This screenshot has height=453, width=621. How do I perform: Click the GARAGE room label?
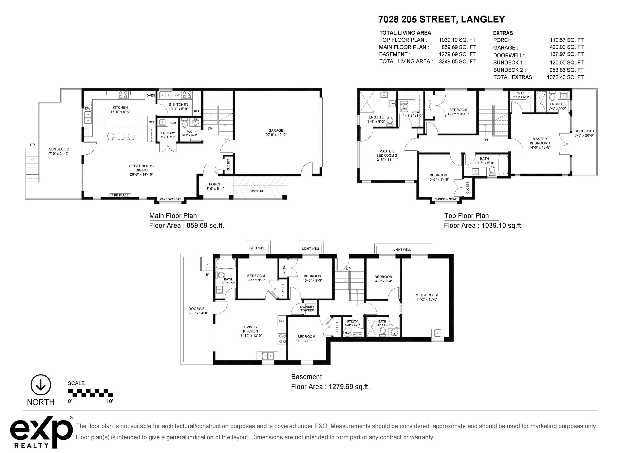coord(276,131)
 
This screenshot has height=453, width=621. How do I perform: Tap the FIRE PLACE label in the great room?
coord(120,195)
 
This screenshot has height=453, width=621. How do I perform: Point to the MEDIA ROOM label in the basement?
coord(427,295)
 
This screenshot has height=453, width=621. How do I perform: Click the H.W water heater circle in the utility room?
coord(348,333)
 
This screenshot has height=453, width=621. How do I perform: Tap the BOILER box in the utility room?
coord(358,334)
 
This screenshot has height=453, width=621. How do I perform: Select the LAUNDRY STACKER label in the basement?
coord(307,308)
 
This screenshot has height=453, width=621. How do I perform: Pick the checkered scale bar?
coord(90,393)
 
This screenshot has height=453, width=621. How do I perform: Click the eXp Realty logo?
coord(42,432)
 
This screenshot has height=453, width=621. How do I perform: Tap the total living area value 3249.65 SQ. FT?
coord(457,61)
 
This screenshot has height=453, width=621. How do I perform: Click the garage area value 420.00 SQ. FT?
coord(566,47)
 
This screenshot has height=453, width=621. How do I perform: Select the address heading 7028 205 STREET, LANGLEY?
coord(441,19)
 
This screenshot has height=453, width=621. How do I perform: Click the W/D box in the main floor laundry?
coord(173,123)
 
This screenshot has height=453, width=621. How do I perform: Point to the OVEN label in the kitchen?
coord(151,95)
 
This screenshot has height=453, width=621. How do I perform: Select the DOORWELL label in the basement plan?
coord(198,309)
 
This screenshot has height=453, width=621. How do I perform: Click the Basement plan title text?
coord(306,377)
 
